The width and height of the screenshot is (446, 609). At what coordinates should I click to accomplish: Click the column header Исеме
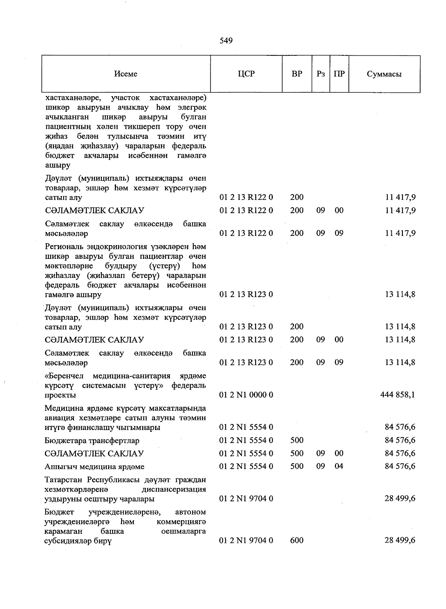[x=126, y=74]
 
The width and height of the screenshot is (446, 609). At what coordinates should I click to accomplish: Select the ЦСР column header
[x=246, y=74]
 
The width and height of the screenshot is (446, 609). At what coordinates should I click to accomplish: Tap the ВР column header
[x=297, y=74]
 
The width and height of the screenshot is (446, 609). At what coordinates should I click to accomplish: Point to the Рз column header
[x=320, y=74]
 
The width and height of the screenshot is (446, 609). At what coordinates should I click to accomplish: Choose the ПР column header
[x=339, y=74]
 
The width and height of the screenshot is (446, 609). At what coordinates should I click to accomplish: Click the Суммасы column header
[x=384, y=74]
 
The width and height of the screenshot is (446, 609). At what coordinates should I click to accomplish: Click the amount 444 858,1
[x=398, y=395]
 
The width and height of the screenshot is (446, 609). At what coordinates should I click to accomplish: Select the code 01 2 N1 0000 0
[x=246, y=395]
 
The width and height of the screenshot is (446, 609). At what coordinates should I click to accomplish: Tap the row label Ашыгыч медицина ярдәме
[x=94, y=466]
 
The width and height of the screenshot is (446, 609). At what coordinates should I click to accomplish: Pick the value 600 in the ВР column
[x=297, y=540]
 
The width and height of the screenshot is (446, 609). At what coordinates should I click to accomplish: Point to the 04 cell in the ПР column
[x=339, y=466]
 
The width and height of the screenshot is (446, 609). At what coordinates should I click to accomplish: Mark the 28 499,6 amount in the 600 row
[x=400, y=540]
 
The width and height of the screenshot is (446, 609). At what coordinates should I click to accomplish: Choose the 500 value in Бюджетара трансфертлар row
[x=297, y=440]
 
